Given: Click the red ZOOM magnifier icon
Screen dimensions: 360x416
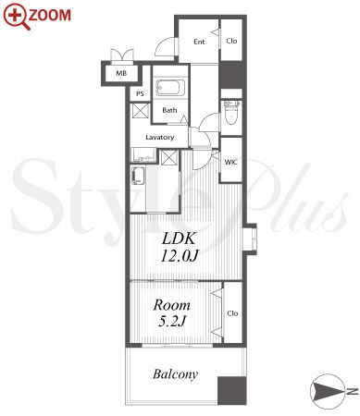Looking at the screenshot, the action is (17, 17).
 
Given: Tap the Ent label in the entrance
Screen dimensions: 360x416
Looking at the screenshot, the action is (199, 42).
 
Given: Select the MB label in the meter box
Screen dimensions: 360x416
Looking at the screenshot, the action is (121, 73).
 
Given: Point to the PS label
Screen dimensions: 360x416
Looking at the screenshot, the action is (140, 93).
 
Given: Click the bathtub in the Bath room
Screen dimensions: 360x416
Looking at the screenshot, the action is (170, 88).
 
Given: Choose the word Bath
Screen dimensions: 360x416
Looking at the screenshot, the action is (169, 110).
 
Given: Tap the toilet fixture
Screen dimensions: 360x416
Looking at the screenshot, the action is (231, 112).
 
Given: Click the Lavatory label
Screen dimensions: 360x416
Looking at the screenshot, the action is (160, 137).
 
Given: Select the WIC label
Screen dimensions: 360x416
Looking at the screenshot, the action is (230, 162).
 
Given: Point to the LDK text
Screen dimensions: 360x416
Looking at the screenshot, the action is (179, 239).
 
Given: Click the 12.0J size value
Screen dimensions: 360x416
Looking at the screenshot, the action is (179, 255).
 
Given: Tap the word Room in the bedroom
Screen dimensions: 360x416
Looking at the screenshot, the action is (171, 305).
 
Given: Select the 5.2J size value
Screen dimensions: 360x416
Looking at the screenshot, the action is (172, 321).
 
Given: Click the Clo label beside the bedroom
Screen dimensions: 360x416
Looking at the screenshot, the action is (232, 313).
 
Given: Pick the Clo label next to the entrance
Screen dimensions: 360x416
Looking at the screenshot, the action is (231, 41).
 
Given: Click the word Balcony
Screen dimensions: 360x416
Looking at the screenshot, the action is (175, 374).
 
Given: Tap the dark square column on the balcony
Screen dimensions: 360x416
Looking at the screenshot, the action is (232, 390).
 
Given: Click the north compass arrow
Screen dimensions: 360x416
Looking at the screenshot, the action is (328, 391).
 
